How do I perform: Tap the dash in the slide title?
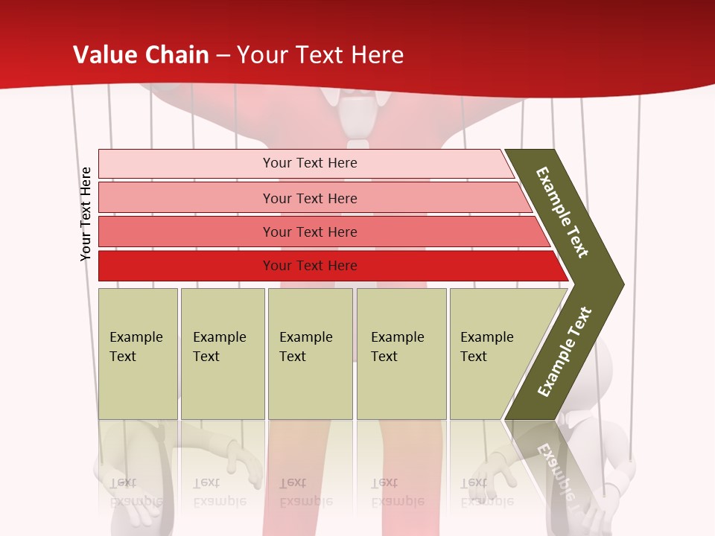(223, 56)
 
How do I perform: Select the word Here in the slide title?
(377, 55)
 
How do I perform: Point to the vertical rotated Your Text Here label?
(86, 214)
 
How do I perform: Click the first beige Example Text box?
(138, 354)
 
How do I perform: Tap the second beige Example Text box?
(223, 354)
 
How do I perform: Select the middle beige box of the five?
(310, 354)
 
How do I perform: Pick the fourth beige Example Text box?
(401, 354)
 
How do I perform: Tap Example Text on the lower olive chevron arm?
(565, 351)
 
